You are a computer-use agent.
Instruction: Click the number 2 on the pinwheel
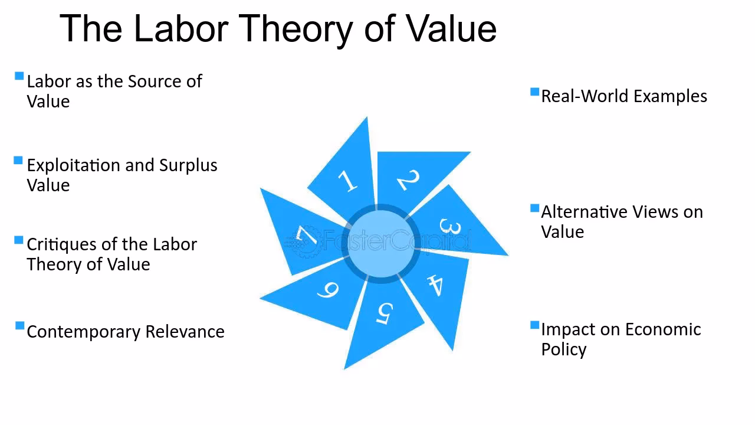(x=409, y=179)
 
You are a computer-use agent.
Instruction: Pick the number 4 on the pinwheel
(x=435, y=285)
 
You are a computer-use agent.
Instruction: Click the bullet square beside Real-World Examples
(x=535, y=92)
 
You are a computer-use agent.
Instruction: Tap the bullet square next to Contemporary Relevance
(x=20, y=326)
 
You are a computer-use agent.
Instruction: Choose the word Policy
(x=563, y=349)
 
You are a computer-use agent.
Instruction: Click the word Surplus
(x=188, y=165)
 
